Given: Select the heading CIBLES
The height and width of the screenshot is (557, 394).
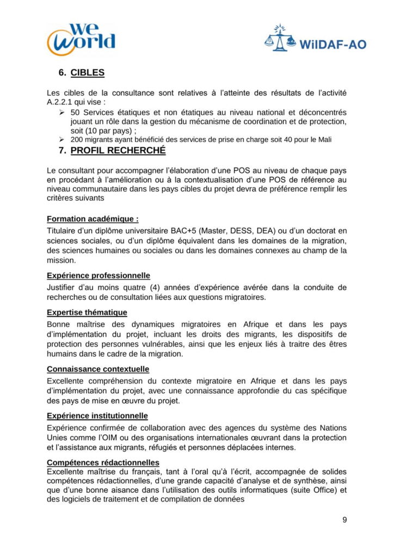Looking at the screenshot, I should coord(88,73).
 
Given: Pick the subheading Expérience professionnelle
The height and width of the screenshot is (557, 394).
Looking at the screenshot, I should coord(98,275).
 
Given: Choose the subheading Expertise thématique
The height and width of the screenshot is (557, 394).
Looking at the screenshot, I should coord(87,312).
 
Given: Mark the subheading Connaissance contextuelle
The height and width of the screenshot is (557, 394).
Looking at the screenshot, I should coord(98,369).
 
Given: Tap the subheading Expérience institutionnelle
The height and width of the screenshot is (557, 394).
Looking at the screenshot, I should coord(97,416).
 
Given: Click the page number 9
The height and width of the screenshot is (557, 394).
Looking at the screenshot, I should coord(344,519).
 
